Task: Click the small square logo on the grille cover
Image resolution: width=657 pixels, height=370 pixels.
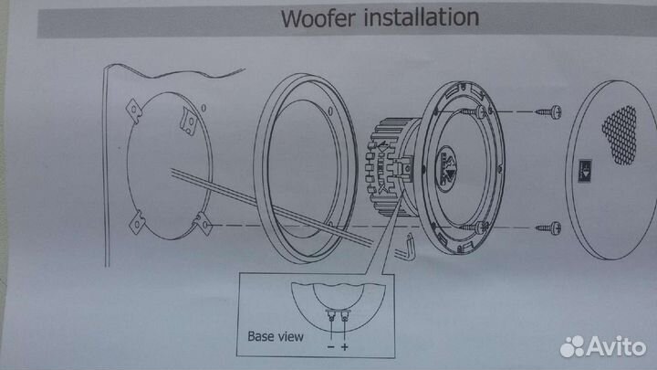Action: click(586, 167)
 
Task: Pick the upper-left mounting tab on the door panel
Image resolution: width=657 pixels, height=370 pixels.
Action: click(133, 110)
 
